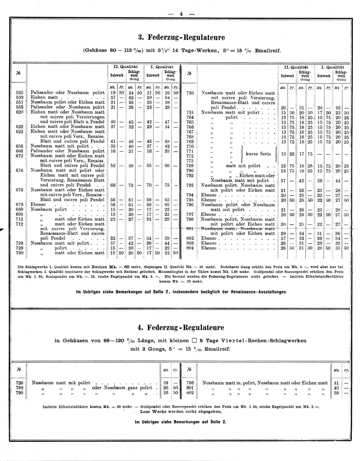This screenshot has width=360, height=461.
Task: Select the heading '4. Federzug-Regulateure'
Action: tap(181, 328)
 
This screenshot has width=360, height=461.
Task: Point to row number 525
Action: tap(19, 93)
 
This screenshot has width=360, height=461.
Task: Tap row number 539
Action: tap(19, 97)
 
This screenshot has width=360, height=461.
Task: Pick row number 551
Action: tap(19, 102)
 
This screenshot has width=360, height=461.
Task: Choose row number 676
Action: tap(19, 170)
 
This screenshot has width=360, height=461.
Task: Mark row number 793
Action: tap(190, 185)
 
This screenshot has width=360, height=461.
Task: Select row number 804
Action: tap(190, 248)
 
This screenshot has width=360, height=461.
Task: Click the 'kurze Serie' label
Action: tap(258, 154)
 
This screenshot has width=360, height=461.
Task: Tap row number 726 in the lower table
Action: tap(19, 383)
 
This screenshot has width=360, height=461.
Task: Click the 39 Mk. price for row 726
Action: tap(166, 383)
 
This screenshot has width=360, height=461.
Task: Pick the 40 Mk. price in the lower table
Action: tap(337, 388)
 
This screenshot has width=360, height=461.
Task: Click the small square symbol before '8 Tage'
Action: tap(194, 340)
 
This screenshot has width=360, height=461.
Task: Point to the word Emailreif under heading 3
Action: tap(268, 51)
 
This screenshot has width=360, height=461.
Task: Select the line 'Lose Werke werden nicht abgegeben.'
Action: tap(181, 411)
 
